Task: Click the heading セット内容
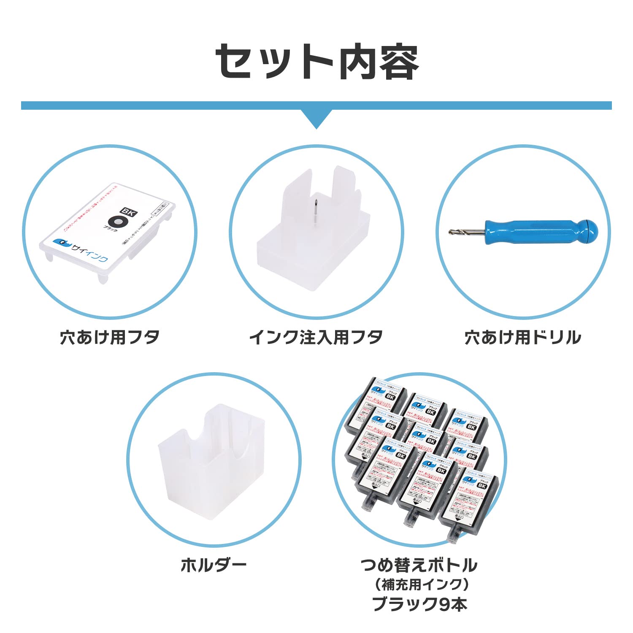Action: pyautogui.click(x=316, y=62)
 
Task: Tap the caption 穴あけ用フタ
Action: pyautogui.click(x=110, y=338)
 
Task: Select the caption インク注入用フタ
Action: pyautogui.click(x=316, y=338)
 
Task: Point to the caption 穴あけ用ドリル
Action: pyautogui.click(x=523, y=338)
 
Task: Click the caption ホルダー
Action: pyautogui.click(x=214, y=565)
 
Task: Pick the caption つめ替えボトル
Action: pyautogui.click(x=419, y=565)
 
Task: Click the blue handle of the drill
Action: pyautogui.click(x=532, y=232)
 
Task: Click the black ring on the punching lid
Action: pyautogui.click(x=117, y=222)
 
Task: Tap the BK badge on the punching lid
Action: pyautogui.click(x=128, y=212)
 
